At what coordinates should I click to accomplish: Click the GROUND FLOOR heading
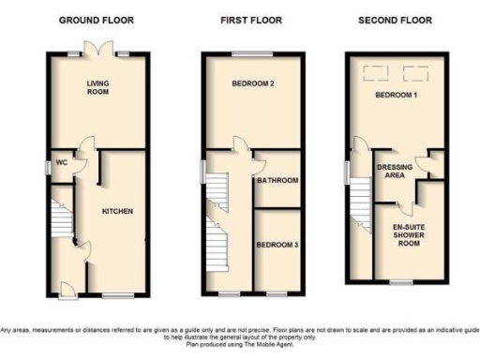click(97, 19)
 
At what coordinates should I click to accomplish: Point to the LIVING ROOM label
click(98, 87)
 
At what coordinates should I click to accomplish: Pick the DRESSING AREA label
click(395, 171)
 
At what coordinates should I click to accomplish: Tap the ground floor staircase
click(62, 225)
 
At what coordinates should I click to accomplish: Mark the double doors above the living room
click(97, 48)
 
